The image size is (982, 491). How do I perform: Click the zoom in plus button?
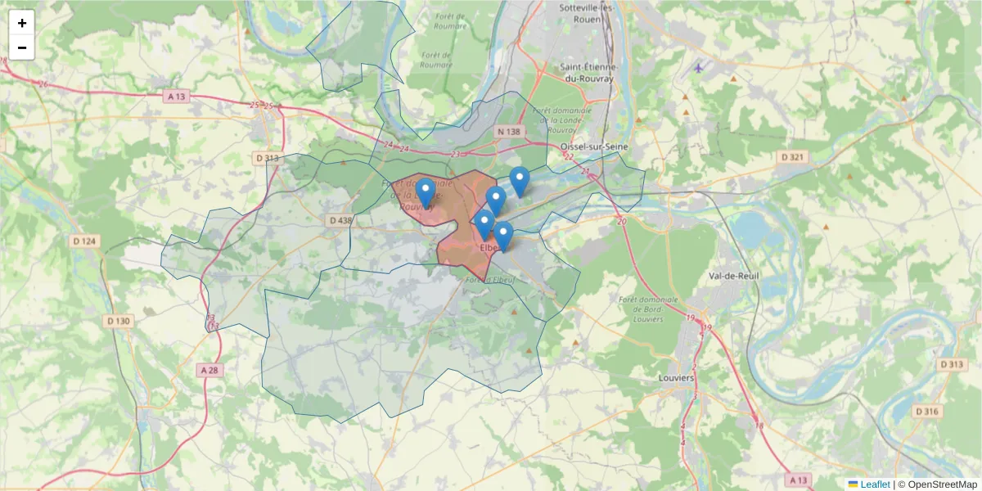pyautogui.click(x=22, y=23)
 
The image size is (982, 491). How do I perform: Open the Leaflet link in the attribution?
pyautogui.click(x=874, y=484)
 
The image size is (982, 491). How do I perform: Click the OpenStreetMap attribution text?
pyautogui.click(x=943, y=484)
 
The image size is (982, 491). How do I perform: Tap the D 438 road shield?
pyautogui.click(x=340, y=220)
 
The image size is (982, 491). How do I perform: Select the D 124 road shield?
pyautogui.click(x=83, y=241)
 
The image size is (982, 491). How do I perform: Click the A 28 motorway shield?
pyautogui.click(x=209, y=371)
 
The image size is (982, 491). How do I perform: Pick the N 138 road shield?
pyautogui.click(x=508, y=132)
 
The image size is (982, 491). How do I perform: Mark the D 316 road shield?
pyautogui.click(x=926, y=411)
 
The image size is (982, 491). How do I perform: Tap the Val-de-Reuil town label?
pyautogui.click(x=734, y=276)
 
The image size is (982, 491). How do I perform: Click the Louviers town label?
pyautogui.click(x=676, y=378)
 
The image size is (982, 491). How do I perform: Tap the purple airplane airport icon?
pyautogui.click(x=697, y=67)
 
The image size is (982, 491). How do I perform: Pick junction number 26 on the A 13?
pyautogui.click(x=43, y=84)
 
